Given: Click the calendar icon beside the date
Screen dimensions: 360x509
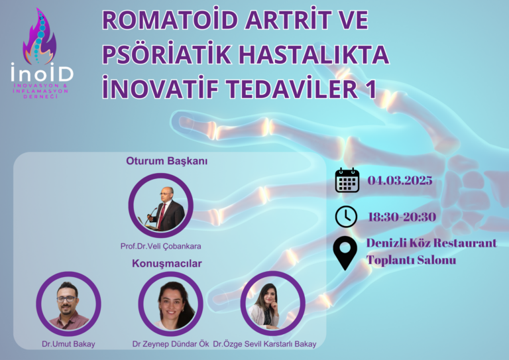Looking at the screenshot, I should click(347, 180).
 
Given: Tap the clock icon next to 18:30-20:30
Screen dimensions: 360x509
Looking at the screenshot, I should click(346, 216).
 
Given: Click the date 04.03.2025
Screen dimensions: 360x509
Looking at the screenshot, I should click(400, 180).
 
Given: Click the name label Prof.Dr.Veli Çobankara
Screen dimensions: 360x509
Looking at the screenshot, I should click(160, 246).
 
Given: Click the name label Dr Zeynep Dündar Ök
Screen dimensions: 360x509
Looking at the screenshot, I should click(170, 343).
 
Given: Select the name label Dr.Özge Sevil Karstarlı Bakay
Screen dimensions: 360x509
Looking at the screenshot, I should click(264, 343).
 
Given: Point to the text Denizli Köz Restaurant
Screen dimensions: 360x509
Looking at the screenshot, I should click(431, 243).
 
